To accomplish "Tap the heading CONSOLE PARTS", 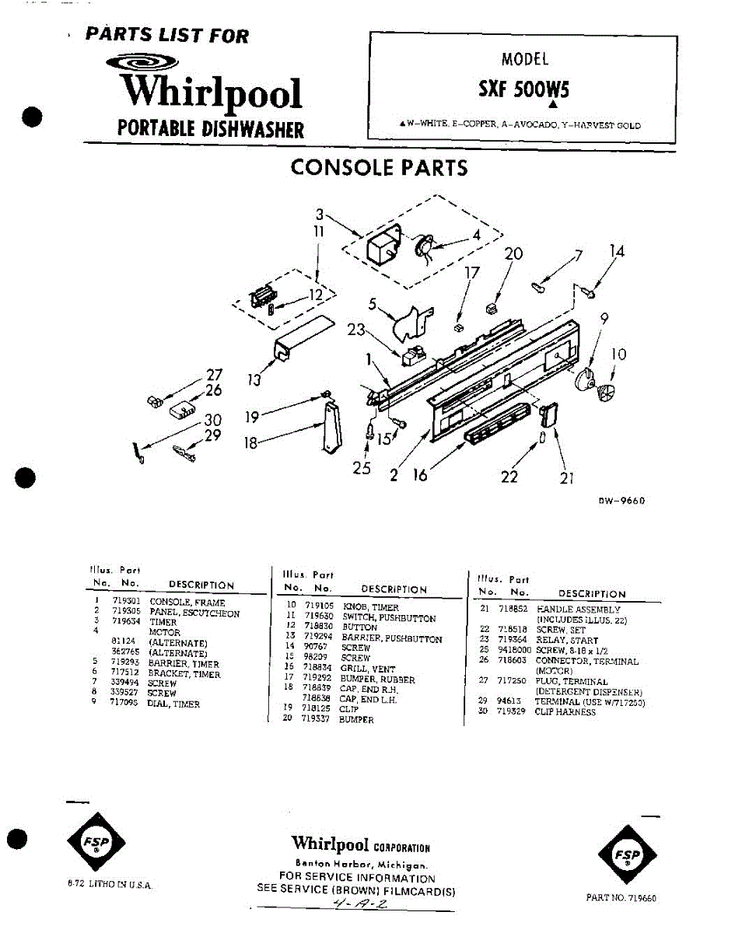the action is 379,168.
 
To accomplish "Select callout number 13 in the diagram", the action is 254,380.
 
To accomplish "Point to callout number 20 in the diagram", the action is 513,254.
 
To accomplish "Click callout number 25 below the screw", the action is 361,469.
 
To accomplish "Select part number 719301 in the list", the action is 125,602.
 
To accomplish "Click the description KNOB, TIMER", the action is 370,607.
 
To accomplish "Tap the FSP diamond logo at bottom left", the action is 97,843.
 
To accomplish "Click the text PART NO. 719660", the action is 621,898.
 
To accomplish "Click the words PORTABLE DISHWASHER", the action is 210,129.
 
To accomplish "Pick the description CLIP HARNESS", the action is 565,712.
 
